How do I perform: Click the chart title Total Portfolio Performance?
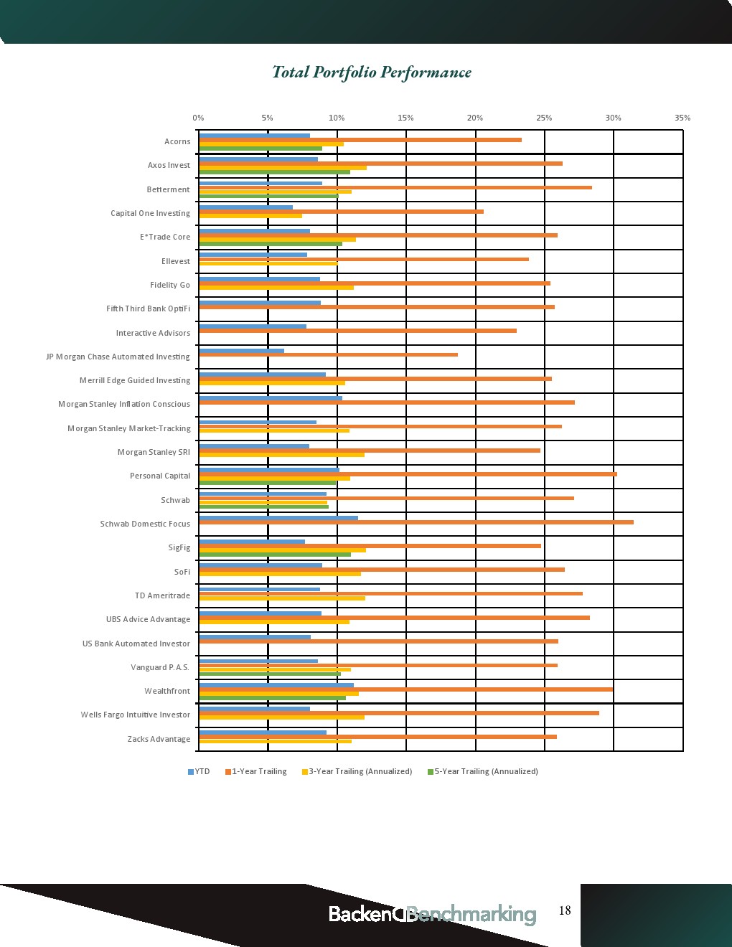(x=372, y=72)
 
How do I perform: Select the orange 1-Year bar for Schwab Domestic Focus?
(x=416, y=522)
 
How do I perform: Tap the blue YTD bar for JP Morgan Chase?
(x=242, y=351)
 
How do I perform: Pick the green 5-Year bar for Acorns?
(x=261, y=149)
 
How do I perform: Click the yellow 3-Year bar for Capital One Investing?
(x=250, y=216)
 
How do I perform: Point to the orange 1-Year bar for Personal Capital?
(x=408, y=474)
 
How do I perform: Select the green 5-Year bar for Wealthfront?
(x=273, y=698)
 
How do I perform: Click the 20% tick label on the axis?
(x=475, y=118)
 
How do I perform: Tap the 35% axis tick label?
(x=682, y=118)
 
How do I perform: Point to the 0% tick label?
(x=198, y=118)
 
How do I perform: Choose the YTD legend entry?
(x=199, y=771)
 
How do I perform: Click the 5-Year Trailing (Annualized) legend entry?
(x=483, y=771)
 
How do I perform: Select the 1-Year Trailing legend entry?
(x=256, y=771)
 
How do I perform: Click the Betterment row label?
(x=169, y=189)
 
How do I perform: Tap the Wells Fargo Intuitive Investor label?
(x=136, y=715)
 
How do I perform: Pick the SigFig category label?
(x=179, y=547)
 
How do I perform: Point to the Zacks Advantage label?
(x=159, y=739)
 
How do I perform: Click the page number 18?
(x=565, y=910)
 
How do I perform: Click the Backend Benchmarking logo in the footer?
(x=432, y=914)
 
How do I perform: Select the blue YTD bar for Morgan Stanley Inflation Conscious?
(x=271, y=398)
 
